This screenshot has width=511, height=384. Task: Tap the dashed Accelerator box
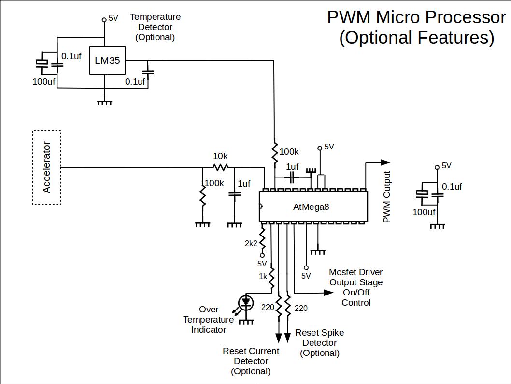46,167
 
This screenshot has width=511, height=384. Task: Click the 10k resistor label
221,157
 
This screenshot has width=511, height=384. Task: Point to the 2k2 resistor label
251,243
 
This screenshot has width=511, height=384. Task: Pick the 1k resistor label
263,277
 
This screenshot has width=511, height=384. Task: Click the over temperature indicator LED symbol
246,303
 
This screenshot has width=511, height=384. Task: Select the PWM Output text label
386,197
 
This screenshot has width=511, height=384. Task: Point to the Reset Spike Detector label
320,343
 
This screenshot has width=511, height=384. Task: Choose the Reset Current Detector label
251,361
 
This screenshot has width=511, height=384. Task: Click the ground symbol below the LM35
105,103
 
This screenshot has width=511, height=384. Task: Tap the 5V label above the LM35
113,18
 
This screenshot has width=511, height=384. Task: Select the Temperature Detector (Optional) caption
155,27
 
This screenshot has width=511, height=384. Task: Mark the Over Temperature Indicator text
209,320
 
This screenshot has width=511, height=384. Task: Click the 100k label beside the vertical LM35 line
289,152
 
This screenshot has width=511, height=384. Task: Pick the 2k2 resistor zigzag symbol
262,237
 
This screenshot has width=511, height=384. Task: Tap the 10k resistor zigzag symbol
221,167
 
